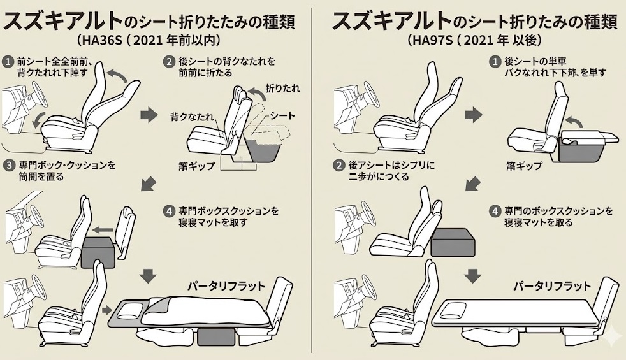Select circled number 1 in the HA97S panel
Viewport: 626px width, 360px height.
493,62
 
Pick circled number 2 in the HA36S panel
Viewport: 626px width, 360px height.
169,62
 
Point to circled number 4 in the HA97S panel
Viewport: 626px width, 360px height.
493,210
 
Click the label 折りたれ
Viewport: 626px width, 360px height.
282,88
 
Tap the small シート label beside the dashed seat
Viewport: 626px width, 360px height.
282,115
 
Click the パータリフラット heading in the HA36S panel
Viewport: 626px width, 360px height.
226,285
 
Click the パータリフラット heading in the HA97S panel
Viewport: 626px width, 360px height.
552,286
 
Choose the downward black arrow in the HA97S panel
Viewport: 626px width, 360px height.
472,276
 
